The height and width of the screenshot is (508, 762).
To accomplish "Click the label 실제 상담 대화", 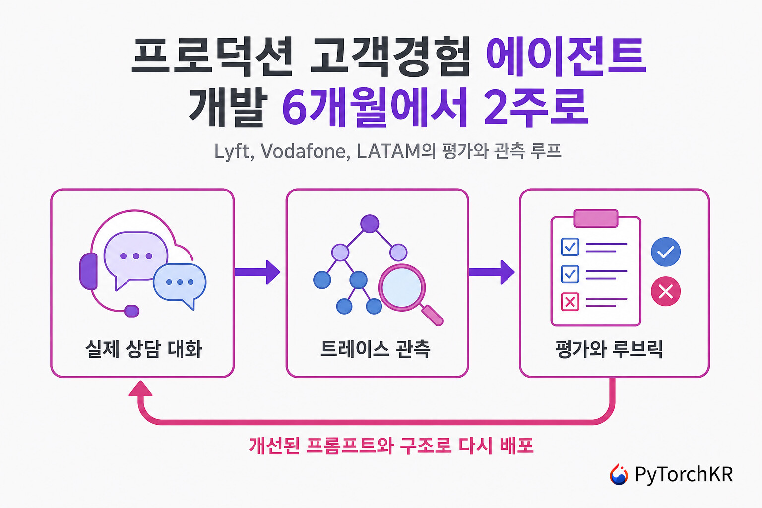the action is click(x=144, y=349).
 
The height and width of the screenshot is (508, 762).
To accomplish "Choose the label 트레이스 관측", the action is click(x=375, y=349).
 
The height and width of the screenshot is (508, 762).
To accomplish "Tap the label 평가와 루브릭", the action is click(x=609, y=349).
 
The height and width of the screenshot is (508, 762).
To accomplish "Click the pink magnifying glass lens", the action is click(x=402, y=288).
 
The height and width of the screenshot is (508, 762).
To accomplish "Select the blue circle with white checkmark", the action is click(x=666, y=252).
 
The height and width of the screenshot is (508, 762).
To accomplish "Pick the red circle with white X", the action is click(x=666, y=291).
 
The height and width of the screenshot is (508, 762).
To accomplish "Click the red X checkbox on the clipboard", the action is click(x=570, y=302).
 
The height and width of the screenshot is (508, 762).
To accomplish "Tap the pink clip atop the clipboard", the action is click(x=596, y=218).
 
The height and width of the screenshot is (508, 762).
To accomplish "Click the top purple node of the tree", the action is click(x=370, y=224).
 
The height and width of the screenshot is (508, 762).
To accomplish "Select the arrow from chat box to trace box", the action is click(x=257, y=272).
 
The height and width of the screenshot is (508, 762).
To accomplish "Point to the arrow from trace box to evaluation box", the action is click(x=492, y=272).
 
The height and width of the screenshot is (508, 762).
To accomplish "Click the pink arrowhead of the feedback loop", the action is click(x=140, y=389).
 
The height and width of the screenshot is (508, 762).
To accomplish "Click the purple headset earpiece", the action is click(x=88, y=271).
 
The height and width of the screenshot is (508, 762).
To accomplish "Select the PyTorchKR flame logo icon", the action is click(x=619, y=474).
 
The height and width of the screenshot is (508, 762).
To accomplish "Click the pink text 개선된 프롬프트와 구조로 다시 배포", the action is click(x=391, y=445).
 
